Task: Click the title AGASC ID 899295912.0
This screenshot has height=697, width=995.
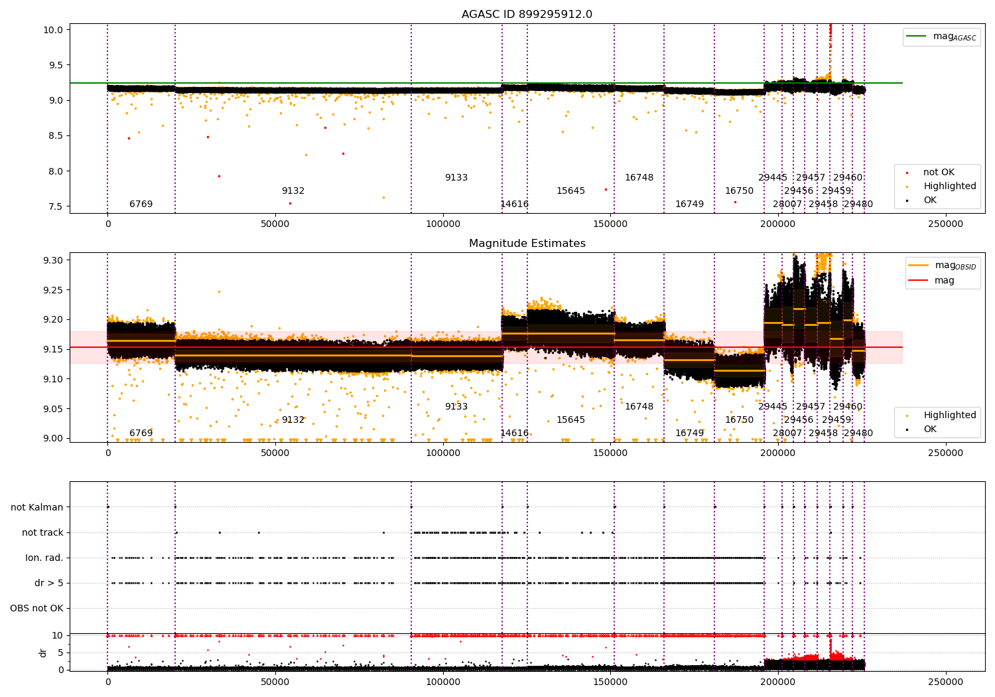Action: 527,15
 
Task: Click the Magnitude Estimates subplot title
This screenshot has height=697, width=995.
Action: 527,244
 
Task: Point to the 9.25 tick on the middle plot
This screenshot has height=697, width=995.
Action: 52,290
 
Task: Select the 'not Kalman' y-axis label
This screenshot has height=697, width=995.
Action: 37,507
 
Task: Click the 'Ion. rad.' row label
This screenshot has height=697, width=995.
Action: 44,558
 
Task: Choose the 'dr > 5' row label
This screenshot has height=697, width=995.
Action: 49,583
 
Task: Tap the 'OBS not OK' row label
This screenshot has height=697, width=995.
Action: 37,608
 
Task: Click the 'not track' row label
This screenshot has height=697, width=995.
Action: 42,532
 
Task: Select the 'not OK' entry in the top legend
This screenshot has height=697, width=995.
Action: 939,173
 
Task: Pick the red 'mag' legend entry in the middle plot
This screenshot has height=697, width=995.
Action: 944,280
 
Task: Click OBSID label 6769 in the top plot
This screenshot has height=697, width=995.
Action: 141,204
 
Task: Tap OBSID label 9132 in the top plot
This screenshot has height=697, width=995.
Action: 293,191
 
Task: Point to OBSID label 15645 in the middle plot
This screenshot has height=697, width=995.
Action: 570,420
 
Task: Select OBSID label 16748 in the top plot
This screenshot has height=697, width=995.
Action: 639,178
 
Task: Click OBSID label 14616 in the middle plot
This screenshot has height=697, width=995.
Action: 514,433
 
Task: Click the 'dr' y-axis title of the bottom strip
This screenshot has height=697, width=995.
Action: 43,653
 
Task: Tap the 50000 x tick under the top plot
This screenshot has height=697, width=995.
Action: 275,224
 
